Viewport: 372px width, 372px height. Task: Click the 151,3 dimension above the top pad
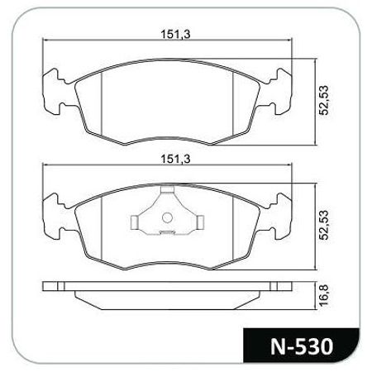point(175,35)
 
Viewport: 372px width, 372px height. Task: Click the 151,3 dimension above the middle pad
point(175,160)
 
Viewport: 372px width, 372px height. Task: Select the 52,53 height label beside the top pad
point(324,100)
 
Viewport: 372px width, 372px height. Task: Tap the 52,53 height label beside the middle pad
point(324,225)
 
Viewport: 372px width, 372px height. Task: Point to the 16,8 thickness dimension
point(324,295)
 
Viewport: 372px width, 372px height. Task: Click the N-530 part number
point(302,346)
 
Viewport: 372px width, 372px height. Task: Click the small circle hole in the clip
point(167,217)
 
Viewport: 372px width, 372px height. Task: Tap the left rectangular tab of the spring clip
point(134,222)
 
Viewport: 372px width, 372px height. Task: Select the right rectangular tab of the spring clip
point(201,222)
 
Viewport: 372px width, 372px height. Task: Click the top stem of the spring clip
point(168,189)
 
